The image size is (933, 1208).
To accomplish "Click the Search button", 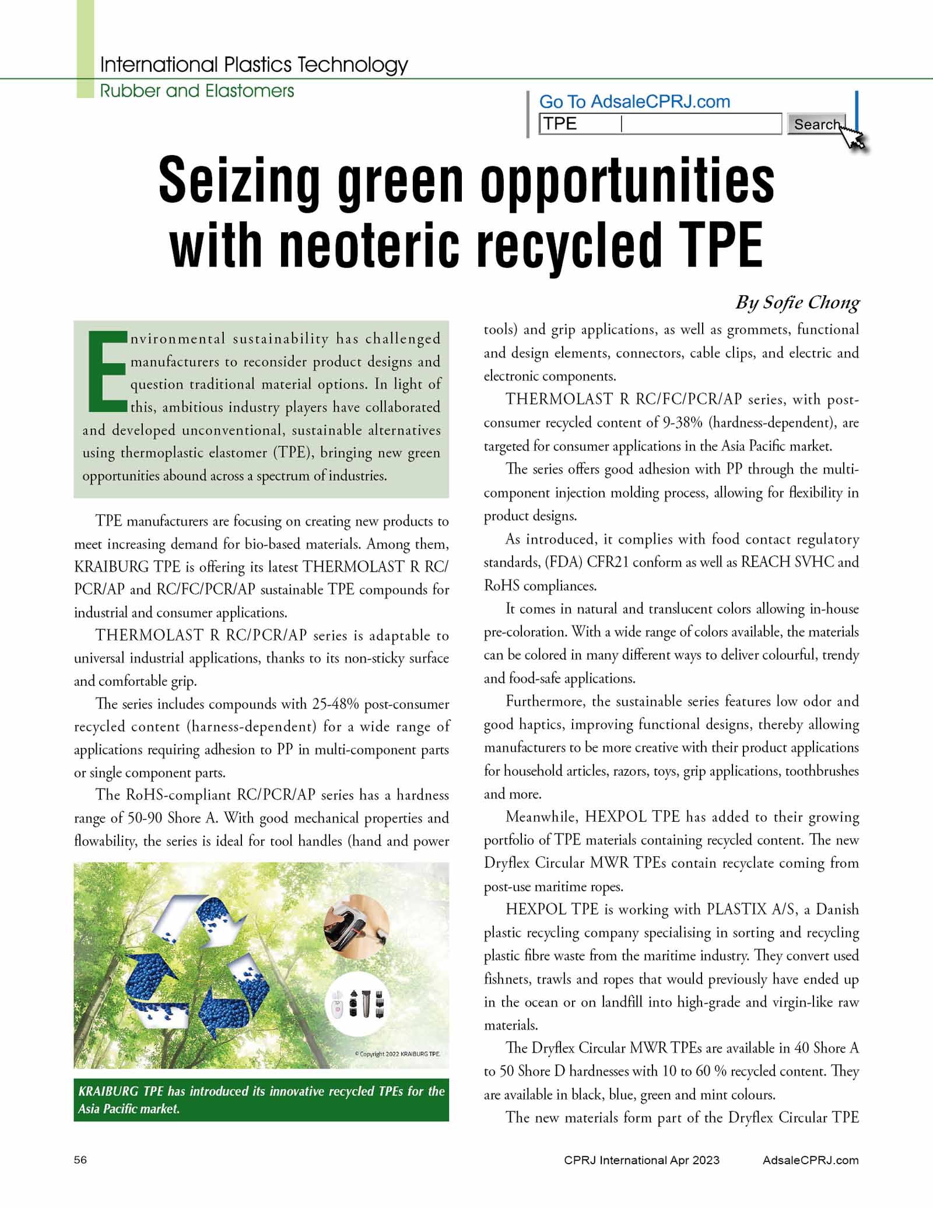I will (815, 124).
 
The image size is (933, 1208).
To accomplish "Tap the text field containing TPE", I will (660, 124).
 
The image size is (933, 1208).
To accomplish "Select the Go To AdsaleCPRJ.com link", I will (634, 101).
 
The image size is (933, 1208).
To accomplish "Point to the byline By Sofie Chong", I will (797, 303).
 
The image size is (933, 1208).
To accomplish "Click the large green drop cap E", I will (107, 372).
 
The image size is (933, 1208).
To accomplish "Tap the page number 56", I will (80, 1160).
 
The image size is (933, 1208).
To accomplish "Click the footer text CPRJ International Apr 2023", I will (641, 1160).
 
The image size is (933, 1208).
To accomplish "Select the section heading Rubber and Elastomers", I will (197, 91).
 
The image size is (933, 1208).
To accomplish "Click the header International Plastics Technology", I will (254, 65).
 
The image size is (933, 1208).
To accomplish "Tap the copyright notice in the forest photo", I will (397, 1054).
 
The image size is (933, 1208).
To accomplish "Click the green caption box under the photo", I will (261, 1100).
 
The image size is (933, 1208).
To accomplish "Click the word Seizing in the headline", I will (239, 181).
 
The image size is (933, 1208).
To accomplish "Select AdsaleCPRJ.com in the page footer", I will (811, 1160).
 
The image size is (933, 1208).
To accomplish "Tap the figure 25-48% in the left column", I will (335, 704).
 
